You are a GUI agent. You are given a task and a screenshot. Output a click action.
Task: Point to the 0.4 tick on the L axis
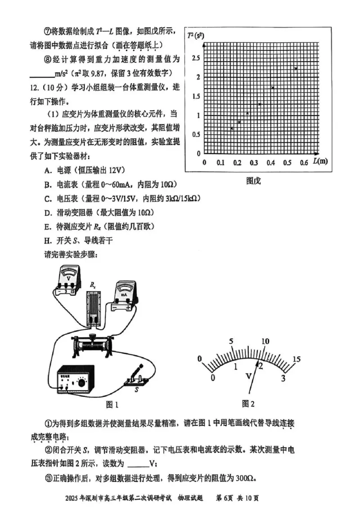click(x=271, y=162)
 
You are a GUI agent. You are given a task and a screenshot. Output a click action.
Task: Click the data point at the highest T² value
click(x=296, y=68)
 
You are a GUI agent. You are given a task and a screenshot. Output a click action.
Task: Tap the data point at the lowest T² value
click(x=232, y=129)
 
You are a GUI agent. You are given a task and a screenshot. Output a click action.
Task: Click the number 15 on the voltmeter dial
click(x=296, y=358)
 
